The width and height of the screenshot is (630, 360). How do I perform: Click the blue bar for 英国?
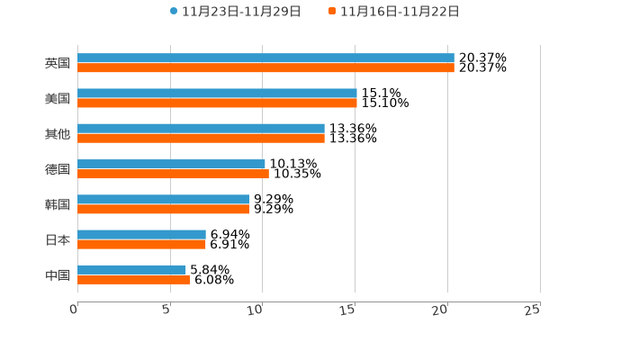[265, 58]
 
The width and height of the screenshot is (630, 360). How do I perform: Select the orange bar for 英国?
[265, 67]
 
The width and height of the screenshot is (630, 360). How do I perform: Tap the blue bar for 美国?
[217, 94]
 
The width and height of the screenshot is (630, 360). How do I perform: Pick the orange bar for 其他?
[201, 139]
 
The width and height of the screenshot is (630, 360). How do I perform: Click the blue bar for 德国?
[171, 164]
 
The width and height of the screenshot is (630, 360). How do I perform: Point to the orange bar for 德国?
[173, 174]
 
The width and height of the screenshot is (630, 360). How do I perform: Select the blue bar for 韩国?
[163, 199]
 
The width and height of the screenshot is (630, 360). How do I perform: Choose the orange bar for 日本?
[141, 244]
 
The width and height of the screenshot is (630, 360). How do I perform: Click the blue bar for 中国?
[131, 269]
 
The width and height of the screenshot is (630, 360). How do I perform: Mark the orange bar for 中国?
[133, 279]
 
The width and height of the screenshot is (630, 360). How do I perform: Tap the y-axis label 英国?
[58, 63]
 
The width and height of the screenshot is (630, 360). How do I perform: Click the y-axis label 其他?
[58, 133]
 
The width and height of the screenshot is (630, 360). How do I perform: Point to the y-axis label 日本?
[58, 239]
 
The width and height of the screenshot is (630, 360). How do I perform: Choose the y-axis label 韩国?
[58, 204]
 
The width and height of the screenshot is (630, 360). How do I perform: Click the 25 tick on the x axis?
[532, 310]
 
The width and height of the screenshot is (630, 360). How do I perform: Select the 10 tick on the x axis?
[255, 310]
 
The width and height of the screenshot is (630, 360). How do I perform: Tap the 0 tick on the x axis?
[74, 310]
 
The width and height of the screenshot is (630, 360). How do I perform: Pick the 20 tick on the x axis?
[439, 310]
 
